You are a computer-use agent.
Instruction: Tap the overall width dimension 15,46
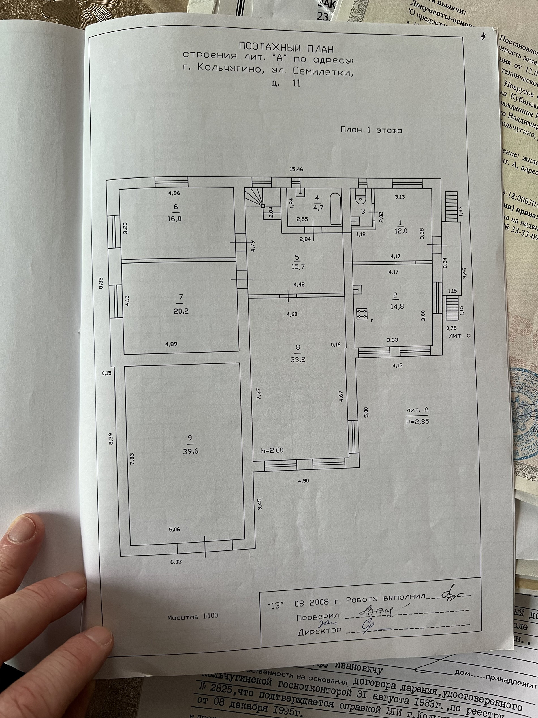[x=296, y=169]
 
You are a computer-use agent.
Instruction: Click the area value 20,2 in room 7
[x=181, y=311]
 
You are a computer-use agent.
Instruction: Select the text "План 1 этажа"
[x=371, y=130]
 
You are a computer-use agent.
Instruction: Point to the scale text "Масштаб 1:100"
[x=193, y=617]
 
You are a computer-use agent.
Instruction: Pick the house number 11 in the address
[x=296, y=83]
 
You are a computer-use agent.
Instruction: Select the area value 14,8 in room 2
[x=397, y=306]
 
